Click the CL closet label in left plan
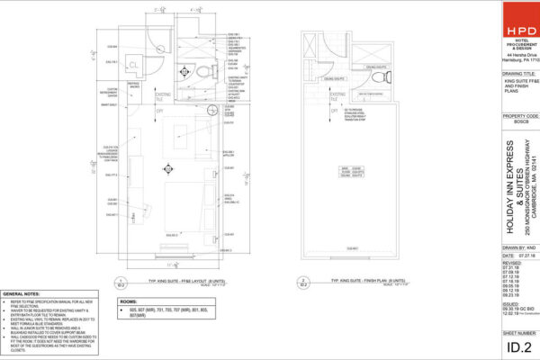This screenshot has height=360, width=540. click(131, 67)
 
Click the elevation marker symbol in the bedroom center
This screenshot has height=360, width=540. click(167, 167)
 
